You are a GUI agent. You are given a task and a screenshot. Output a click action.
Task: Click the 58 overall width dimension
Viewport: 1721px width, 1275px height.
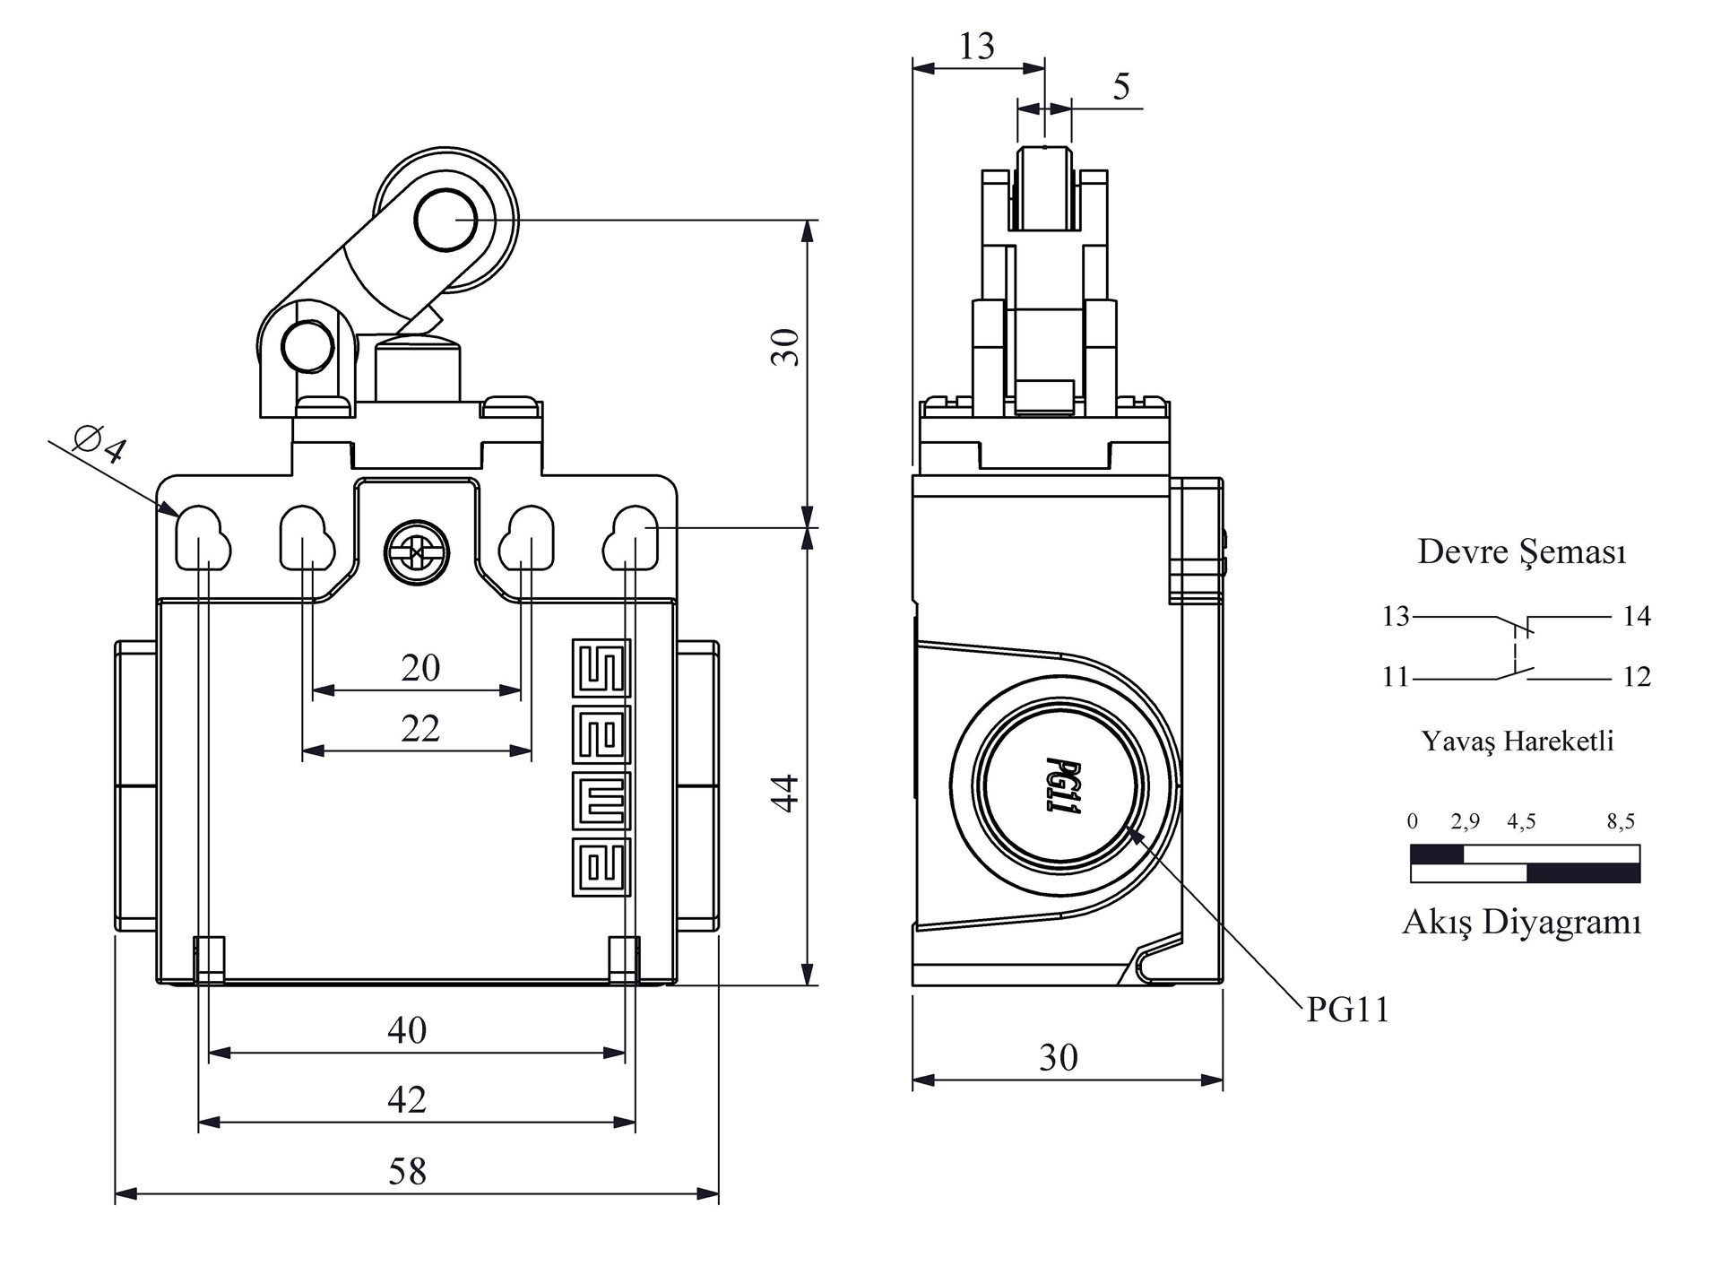[407, 1171]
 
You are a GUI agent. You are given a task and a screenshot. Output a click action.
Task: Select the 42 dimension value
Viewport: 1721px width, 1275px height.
[407, 1099]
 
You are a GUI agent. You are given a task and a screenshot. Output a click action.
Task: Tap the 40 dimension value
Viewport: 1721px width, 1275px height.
[407, 1030]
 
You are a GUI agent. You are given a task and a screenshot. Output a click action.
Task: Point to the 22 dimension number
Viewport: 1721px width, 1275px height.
[420, 728]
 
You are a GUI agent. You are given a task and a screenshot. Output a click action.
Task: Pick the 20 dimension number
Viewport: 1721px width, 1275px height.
[420, 667]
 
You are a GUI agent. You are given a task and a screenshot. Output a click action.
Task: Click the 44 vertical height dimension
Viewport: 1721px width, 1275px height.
[785, 793]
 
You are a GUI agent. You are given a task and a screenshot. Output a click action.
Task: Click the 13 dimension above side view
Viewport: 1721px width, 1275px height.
[976, 46]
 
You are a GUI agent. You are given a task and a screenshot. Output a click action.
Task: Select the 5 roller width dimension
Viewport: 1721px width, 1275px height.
[1121, 87]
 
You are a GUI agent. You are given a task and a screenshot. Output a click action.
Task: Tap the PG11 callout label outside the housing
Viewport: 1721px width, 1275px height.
[1347, 1010]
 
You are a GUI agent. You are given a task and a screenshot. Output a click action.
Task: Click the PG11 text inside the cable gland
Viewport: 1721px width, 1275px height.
[1062, 786]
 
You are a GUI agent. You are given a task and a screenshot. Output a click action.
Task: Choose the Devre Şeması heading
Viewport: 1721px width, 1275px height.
[1521, 551]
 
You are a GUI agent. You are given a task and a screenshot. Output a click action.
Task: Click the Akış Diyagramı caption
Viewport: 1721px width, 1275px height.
[1521, 922]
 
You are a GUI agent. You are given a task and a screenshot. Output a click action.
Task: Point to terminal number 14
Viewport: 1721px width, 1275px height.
[1637, 616]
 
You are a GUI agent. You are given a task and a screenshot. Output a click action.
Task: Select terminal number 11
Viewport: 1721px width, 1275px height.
[1396, 677]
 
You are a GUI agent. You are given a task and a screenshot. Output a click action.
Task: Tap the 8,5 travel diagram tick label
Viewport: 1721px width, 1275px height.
[1621, 820]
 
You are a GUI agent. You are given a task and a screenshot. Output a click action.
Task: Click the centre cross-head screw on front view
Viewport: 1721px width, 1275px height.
[417, 553]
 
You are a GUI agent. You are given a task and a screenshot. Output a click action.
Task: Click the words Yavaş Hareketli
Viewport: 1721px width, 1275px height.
[1518, 741]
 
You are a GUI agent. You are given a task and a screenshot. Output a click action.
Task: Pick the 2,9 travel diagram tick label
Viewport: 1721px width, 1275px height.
[1466, 820]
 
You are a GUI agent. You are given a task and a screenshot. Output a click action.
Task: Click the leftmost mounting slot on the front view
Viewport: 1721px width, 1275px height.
[203, 539]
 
